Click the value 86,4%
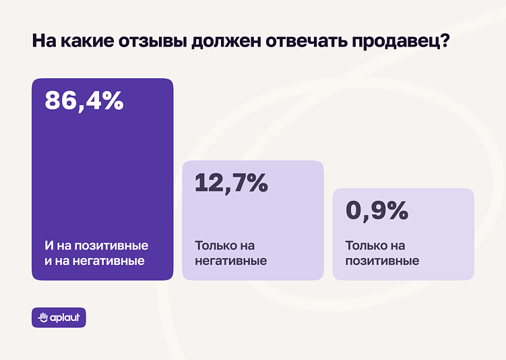[x=84, y=100]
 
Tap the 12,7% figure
[x=231, y=183]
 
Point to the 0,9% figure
[x=377, y=210]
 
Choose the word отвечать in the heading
[x=303, y=42]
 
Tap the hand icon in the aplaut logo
[x=42, y=318]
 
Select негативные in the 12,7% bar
[x=230, y=261]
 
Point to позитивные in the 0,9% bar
[x=382, y=261]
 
